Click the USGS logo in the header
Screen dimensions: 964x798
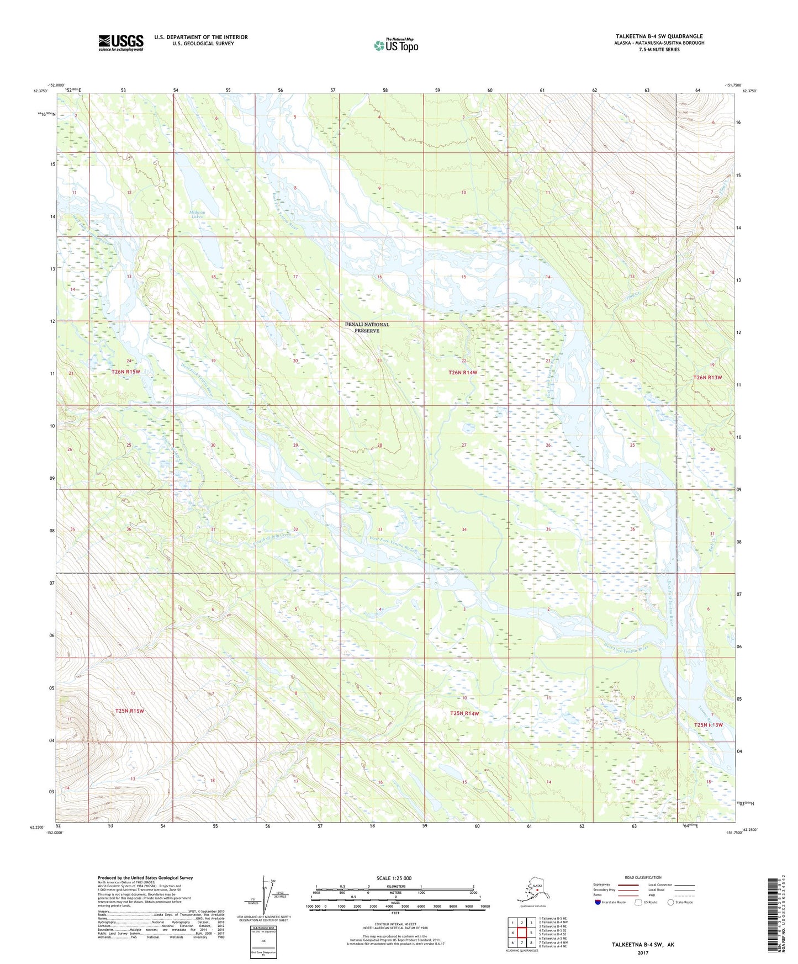click(120, 43)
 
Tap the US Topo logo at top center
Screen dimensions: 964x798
click(395, 45)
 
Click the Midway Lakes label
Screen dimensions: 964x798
click(197, 214)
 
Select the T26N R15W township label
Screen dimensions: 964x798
click(126, 372)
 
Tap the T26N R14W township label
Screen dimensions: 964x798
click(462, 373)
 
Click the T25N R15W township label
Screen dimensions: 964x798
click(129, 711)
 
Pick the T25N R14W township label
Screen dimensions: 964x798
click(464, 713)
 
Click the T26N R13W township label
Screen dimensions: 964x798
click(708, 378)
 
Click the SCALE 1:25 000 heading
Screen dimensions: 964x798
click(394, 878)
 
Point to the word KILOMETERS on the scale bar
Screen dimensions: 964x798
click(394, 886)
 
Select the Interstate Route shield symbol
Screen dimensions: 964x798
click(598, 902)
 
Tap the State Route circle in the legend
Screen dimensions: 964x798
click(670, 902)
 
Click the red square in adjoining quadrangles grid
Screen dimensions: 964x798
click(521, 932)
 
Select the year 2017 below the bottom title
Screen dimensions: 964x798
click(642, 953)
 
